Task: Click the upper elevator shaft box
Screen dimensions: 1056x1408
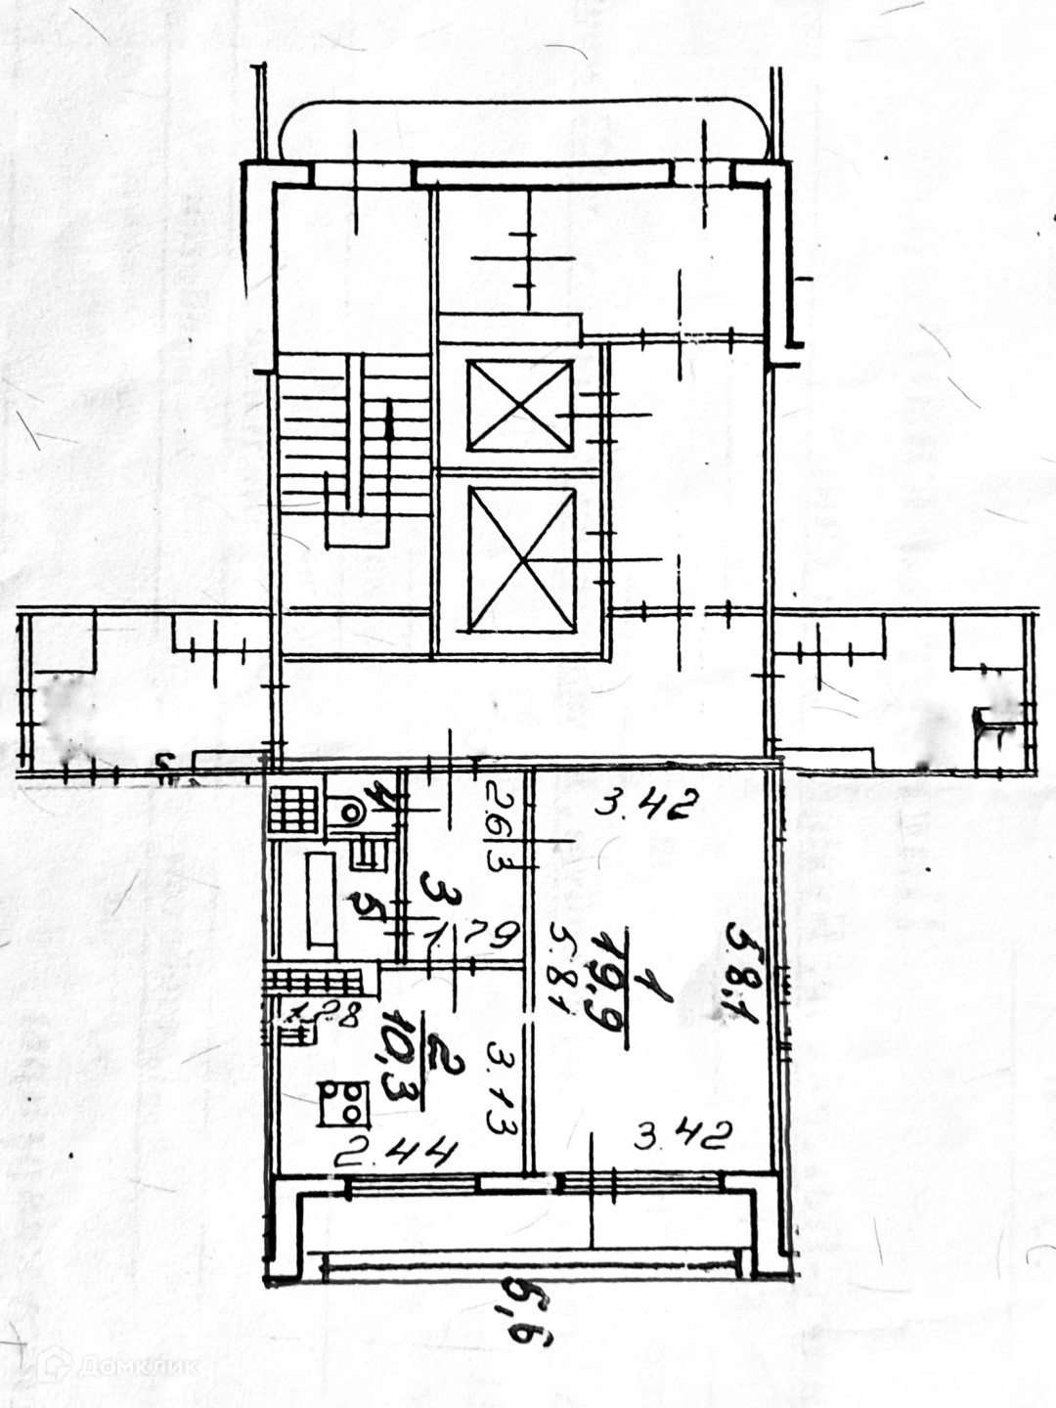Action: (519, 407)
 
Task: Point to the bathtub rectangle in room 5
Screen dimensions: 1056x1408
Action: (322, 898)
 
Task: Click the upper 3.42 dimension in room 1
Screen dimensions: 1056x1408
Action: (646, 807)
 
